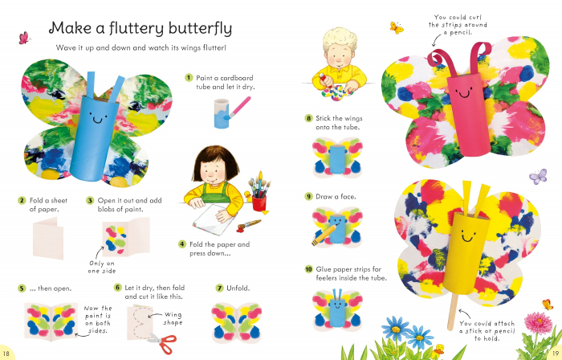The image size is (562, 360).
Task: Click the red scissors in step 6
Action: pyautogui.click(x=164, y=343)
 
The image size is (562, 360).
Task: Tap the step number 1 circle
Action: pyautogui.click(x=189, y=78)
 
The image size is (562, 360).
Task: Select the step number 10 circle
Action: pyautogui.click(x=308, y=269)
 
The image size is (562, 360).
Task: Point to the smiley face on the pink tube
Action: pyautogui.click(x=464, y=93)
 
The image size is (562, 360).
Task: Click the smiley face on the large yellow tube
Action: pyautogui.click(x=468, y=236)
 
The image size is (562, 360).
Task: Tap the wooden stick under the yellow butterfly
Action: pyautogui.click(x=453, y=311)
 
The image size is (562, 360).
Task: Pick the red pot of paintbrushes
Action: pyautogui.click(x=259, y=203)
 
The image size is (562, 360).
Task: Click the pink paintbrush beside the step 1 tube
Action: pyautogui.click(x=237, y=108)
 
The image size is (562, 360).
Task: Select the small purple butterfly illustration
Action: pyautogui.click(x=538, y=177)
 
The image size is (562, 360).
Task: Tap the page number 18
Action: pyautogui.click(x=6, y=354)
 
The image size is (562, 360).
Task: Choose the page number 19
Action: pyautogui.click(x=555, y=354)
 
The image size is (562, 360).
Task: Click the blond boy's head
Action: pyautogui.click(x=340, y=48)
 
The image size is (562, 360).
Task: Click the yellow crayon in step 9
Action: pyautogui.click(x=324, y=235)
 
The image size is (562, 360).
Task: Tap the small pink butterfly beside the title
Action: pyautogui.click(x=23, y=38)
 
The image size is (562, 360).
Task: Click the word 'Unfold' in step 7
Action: pyautogui.click(x=237, y=288)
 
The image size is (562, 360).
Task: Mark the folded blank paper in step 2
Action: pyautogui.click(x=48, y=238)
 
